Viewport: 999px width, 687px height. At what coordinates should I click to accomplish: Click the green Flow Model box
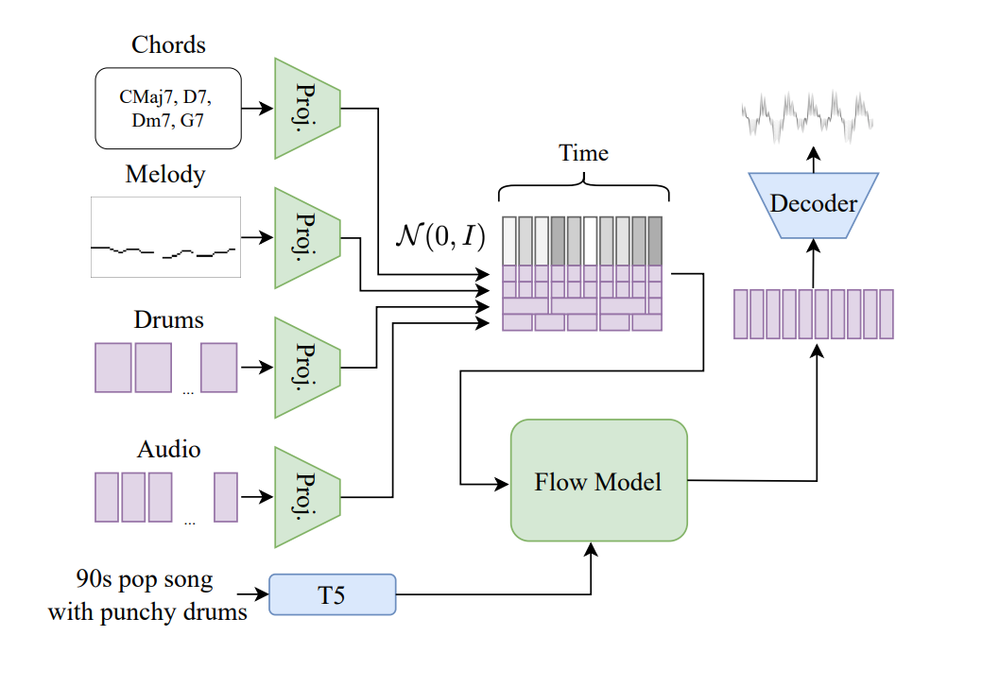click(x=598, y=481)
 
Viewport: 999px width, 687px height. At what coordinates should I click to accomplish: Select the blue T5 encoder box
click(x=333, y=594)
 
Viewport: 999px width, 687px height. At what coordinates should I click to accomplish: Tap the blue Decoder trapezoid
click(x=814, y=203)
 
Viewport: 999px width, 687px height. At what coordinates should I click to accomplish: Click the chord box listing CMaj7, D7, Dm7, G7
click(x=168, y=109)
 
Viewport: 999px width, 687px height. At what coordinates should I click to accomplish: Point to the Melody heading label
click(x=165, y=175)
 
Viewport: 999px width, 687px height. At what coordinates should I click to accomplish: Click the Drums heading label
click(x=169, y=320)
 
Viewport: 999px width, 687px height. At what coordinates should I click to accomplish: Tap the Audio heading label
click(x=169, y=449)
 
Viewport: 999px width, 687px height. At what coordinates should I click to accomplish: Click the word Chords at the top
click(x=168, y=44)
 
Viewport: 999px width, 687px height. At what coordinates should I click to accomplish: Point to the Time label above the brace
click(x=583, y=153)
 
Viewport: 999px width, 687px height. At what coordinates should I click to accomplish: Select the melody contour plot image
click(x=165, y=237)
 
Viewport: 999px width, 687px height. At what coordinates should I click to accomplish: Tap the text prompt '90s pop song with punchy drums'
click(x=147, y=595)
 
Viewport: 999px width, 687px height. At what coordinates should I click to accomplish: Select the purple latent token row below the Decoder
click(x=814, y=314)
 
